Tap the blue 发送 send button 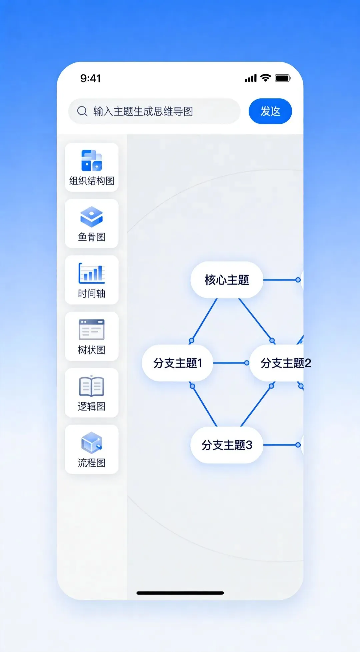[270, 111]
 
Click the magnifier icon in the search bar [82, 111]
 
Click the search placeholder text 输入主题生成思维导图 [143, 111]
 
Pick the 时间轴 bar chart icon [92, 273]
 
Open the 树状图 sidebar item [92, 337]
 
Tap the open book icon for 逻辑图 [92, 386]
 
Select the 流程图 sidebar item [92, 449]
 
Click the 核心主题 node [227, 280]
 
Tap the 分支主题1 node [177, 363]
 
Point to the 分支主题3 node [227, 445]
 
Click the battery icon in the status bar [283, 78]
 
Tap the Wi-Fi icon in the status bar [266, 78]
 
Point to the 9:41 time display [90, 78]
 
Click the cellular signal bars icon [251, 79]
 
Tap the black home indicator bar [180, 593]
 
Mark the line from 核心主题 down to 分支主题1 [204, 319]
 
